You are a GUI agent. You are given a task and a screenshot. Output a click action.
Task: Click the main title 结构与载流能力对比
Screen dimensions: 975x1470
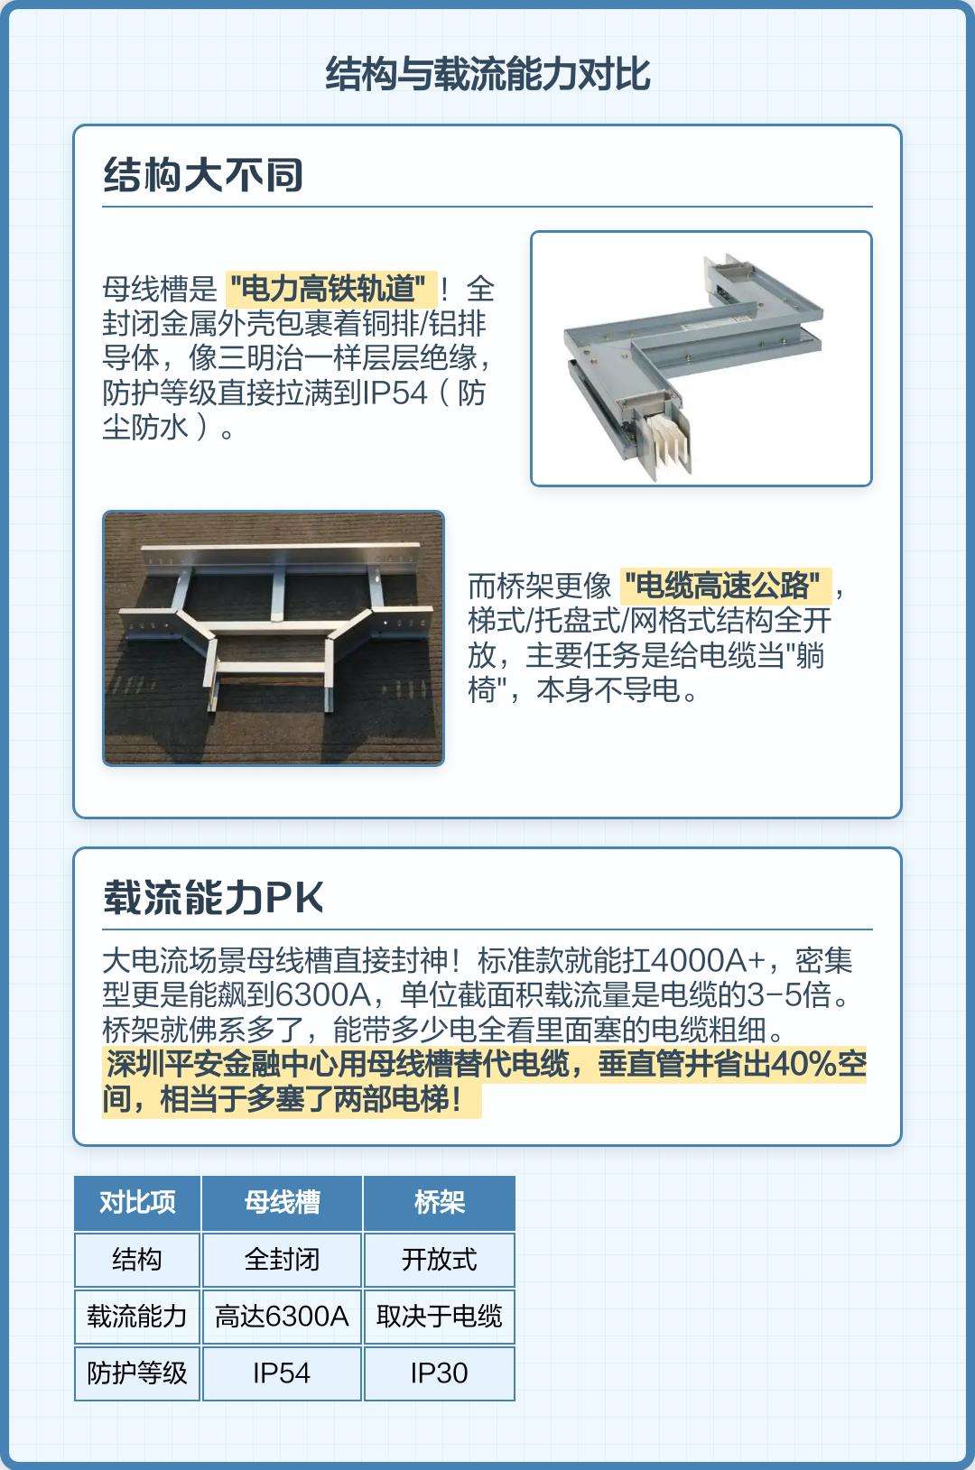pyautogui.click(x=487, y=73)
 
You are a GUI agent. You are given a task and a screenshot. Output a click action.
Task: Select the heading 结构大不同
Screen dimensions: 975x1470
pyautogui.click(x=202, y=175)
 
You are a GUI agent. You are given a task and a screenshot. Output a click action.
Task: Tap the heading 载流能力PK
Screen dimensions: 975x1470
pyautogui.click(x=213, y=897)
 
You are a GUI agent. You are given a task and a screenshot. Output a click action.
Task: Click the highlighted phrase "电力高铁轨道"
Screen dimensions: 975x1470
pyautogui.click(x=331, y=288)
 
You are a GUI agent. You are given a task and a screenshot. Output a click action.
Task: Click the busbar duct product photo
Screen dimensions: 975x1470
pyautogui.click(x=701, y=358)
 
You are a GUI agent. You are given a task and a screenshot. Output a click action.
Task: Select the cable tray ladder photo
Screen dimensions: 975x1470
pyautogui.click(x=274, y=638)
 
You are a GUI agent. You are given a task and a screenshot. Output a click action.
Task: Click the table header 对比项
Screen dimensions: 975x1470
pyautogui.click(x=137, y=1202)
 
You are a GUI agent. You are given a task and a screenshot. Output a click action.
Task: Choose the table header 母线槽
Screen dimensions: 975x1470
pyautogui.click(x=283, y=1202)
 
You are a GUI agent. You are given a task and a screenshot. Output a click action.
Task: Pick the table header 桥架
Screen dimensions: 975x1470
pyautogui.click(x=440, y=1202)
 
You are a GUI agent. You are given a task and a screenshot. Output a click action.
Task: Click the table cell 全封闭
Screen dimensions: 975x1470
pyautogui.click(x=283, y=1260)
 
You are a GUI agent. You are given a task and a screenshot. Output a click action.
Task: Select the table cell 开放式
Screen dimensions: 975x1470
pyautogui.click(x=440, y=1260)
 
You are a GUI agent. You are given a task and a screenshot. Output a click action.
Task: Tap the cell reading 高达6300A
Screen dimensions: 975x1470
pyautogui.click(x=283, y=1316)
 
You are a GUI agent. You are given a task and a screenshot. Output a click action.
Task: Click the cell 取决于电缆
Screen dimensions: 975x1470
pyautogui.click(x=440, y=1316)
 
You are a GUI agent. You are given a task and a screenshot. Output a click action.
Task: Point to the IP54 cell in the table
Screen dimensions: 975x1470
pyautogui.click(x=283, y=1373)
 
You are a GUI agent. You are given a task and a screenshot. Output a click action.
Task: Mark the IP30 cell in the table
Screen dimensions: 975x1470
pyautogui.click(x=440, y=1373)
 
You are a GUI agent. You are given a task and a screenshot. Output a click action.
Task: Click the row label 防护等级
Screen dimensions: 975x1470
pyautogui.click(x=137, y=1373)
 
